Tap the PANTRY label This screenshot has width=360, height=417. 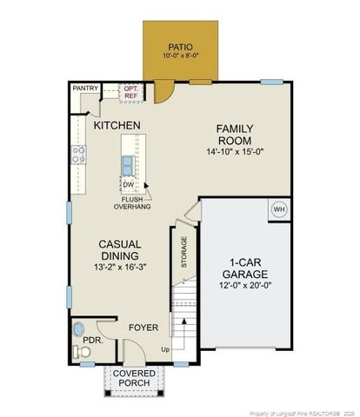tap(85, 88)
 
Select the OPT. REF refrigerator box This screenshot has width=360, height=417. tap(131, 91)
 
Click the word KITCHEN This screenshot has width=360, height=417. tap(117, 126)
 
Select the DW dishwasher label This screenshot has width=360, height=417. tap(128, 185)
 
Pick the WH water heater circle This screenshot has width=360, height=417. tap(279, 209)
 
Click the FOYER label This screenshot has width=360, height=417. tap(143, 328)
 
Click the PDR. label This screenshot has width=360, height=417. tap(93, 340)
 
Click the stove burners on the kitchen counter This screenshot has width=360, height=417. tap(78, 156)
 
